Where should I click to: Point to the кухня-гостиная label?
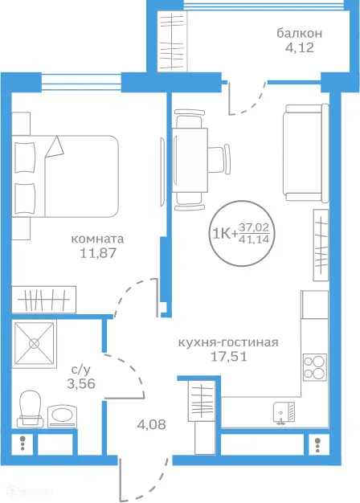pyautogui.click(x=228, y=343)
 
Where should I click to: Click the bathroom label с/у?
pyautogui.click(x=80, y=370)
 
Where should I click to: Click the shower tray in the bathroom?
pyautogui.click(x=35, y=344)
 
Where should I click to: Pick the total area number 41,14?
pyautogui.click(x=258, y=239)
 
